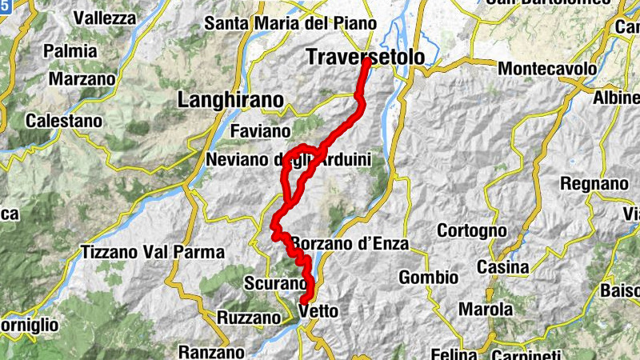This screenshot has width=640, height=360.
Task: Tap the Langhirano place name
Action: click(231, 100)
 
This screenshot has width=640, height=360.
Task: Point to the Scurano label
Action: click(276, 284)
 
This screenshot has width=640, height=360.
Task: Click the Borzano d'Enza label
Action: click(350, 243)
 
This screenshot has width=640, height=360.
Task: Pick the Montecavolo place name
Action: click(547, 69)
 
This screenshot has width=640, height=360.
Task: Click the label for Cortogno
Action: click(472, 230)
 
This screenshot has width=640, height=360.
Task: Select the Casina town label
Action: click(502, 266)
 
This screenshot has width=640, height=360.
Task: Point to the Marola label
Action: click(486, 308)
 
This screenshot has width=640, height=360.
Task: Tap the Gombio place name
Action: click(429, 277)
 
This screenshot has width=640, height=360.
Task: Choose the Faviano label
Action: click(260, 130)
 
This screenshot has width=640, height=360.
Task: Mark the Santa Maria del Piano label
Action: click(279, 23)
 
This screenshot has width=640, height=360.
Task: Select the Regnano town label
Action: click(594, 184)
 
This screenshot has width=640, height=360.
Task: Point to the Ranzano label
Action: click(211, 351)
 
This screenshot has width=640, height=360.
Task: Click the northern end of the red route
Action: click(366, 62)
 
